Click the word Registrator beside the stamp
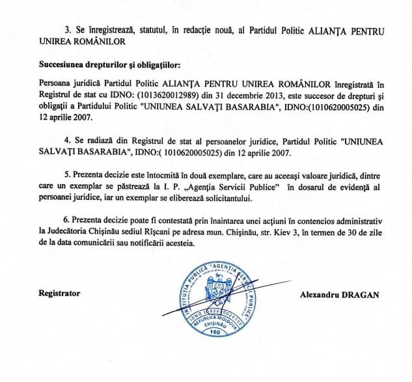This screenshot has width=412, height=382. [59, 293]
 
